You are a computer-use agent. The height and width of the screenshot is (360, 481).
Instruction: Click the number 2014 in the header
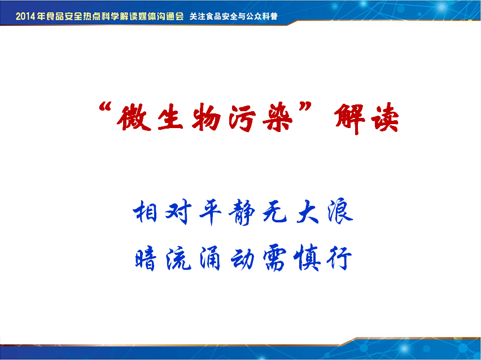tap(25, 16)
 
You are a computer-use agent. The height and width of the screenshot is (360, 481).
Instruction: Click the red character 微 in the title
tap(134, 117)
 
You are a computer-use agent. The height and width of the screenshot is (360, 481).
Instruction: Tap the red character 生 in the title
tap(170, 117)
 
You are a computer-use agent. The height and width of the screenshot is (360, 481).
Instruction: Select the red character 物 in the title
tap(207, 117)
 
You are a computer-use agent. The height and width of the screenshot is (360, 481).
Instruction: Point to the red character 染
tap(278, 118)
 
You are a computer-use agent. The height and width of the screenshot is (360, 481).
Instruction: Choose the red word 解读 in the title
tap(366, 118)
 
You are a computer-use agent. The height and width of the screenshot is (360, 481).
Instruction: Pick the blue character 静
tap(242, 212)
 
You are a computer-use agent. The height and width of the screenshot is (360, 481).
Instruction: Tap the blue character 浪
tap(340, 210)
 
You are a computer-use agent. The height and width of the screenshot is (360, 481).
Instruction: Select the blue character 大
tap(307, 211)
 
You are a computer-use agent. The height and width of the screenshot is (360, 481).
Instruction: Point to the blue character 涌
tap(210, 258)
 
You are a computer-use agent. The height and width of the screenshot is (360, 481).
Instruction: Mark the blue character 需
tap(274, 258)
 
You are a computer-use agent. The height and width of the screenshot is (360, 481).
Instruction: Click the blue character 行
tap(339, 258)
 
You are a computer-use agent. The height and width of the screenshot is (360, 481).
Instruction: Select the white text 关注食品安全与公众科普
tap(234, 16)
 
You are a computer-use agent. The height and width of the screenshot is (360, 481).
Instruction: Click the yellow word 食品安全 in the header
tap(64, 16)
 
